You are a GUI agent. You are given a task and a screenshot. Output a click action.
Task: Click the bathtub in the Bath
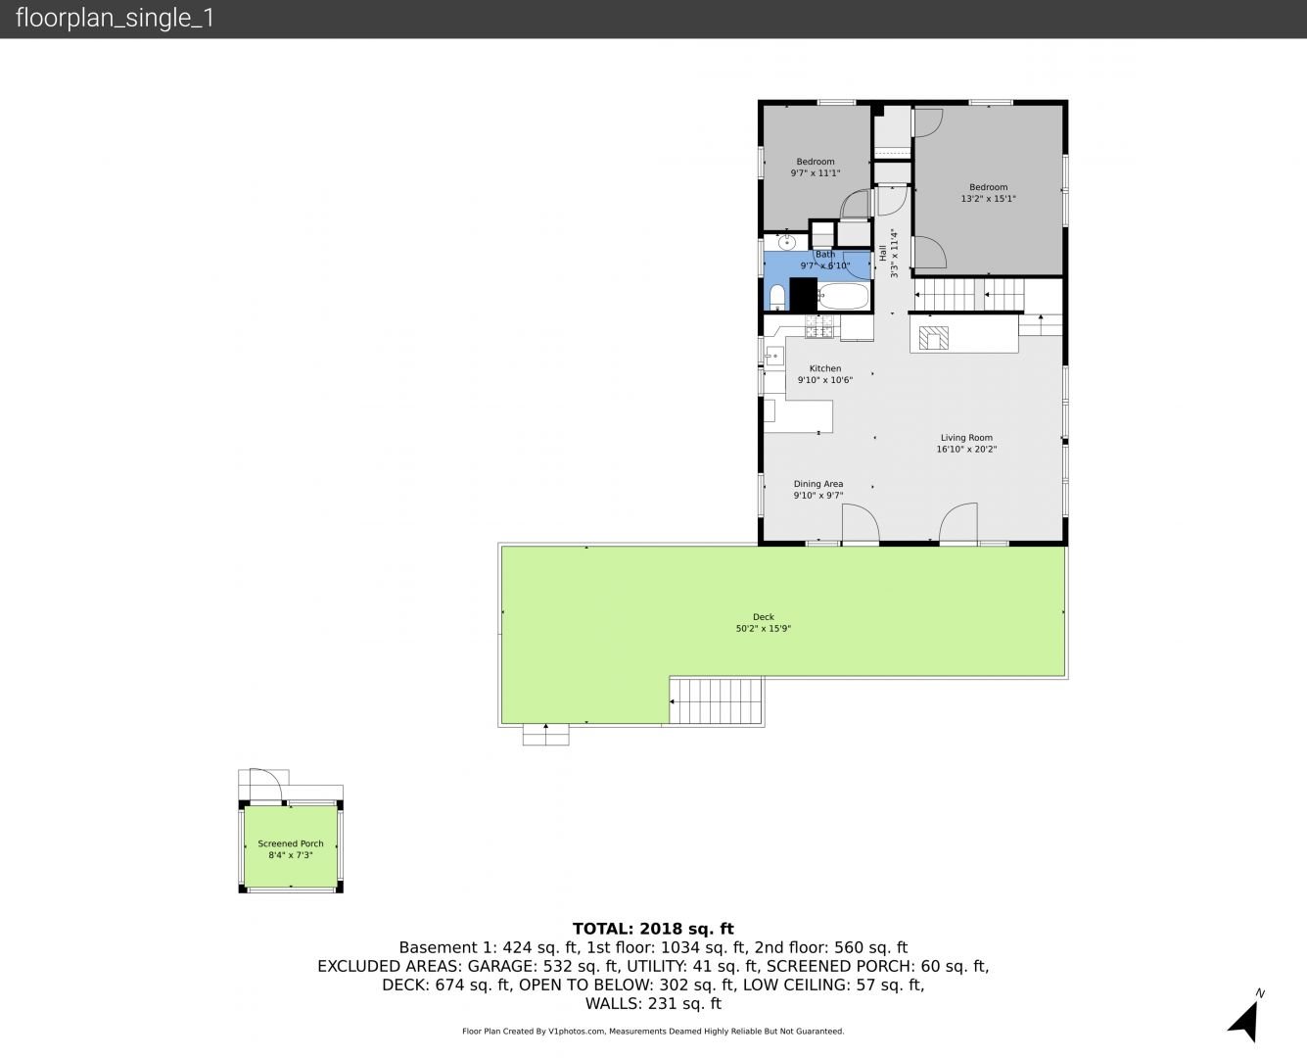point(844,296)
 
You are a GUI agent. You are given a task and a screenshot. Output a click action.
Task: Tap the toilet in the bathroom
point(777,298)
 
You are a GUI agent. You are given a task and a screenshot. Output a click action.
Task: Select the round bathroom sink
point(787,242)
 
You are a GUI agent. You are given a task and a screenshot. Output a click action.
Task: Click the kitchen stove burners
point(819,326)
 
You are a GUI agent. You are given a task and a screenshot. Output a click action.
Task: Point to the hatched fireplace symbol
point(933,338)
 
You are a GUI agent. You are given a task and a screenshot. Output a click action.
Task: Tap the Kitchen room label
point(824,368)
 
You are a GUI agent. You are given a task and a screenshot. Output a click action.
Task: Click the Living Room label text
point(966,438)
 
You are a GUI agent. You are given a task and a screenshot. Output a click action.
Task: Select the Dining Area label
point(817,484)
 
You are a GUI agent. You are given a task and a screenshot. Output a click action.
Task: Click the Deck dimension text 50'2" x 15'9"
point(764,628)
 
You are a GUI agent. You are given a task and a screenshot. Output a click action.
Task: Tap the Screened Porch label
point(290,843)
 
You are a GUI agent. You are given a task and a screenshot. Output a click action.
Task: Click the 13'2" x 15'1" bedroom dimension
point(988,198)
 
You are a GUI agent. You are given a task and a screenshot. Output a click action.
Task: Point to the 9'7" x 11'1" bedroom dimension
point(816,173)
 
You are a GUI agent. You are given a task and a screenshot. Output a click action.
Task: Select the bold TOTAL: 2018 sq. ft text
point(653,929)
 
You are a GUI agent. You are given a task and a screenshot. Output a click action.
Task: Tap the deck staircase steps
point(716,700)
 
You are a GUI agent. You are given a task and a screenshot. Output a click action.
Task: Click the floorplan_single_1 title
point(115,19)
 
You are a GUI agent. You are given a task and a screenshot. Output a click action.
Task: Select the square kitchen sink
point(773,357)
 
